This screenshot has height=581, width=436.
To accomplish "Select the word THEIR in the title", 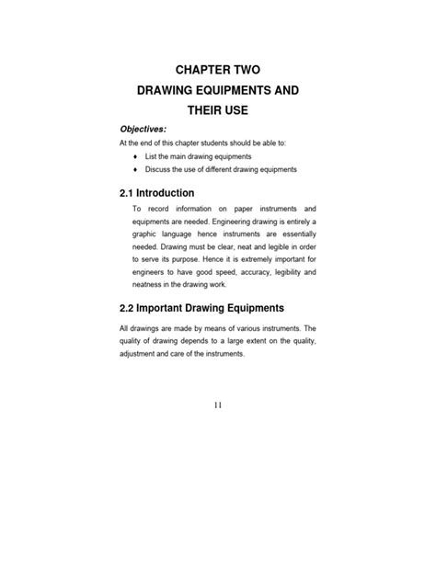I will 201,111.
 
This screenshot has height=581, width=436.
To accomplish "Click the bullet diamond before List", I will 135,156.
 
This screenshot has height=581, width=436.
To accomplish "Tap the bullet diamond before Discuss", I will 135,170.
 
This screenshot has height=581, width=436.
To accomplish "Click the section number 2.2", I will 131,307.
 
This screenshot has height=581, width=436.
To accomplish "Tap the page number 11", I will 217,404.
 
